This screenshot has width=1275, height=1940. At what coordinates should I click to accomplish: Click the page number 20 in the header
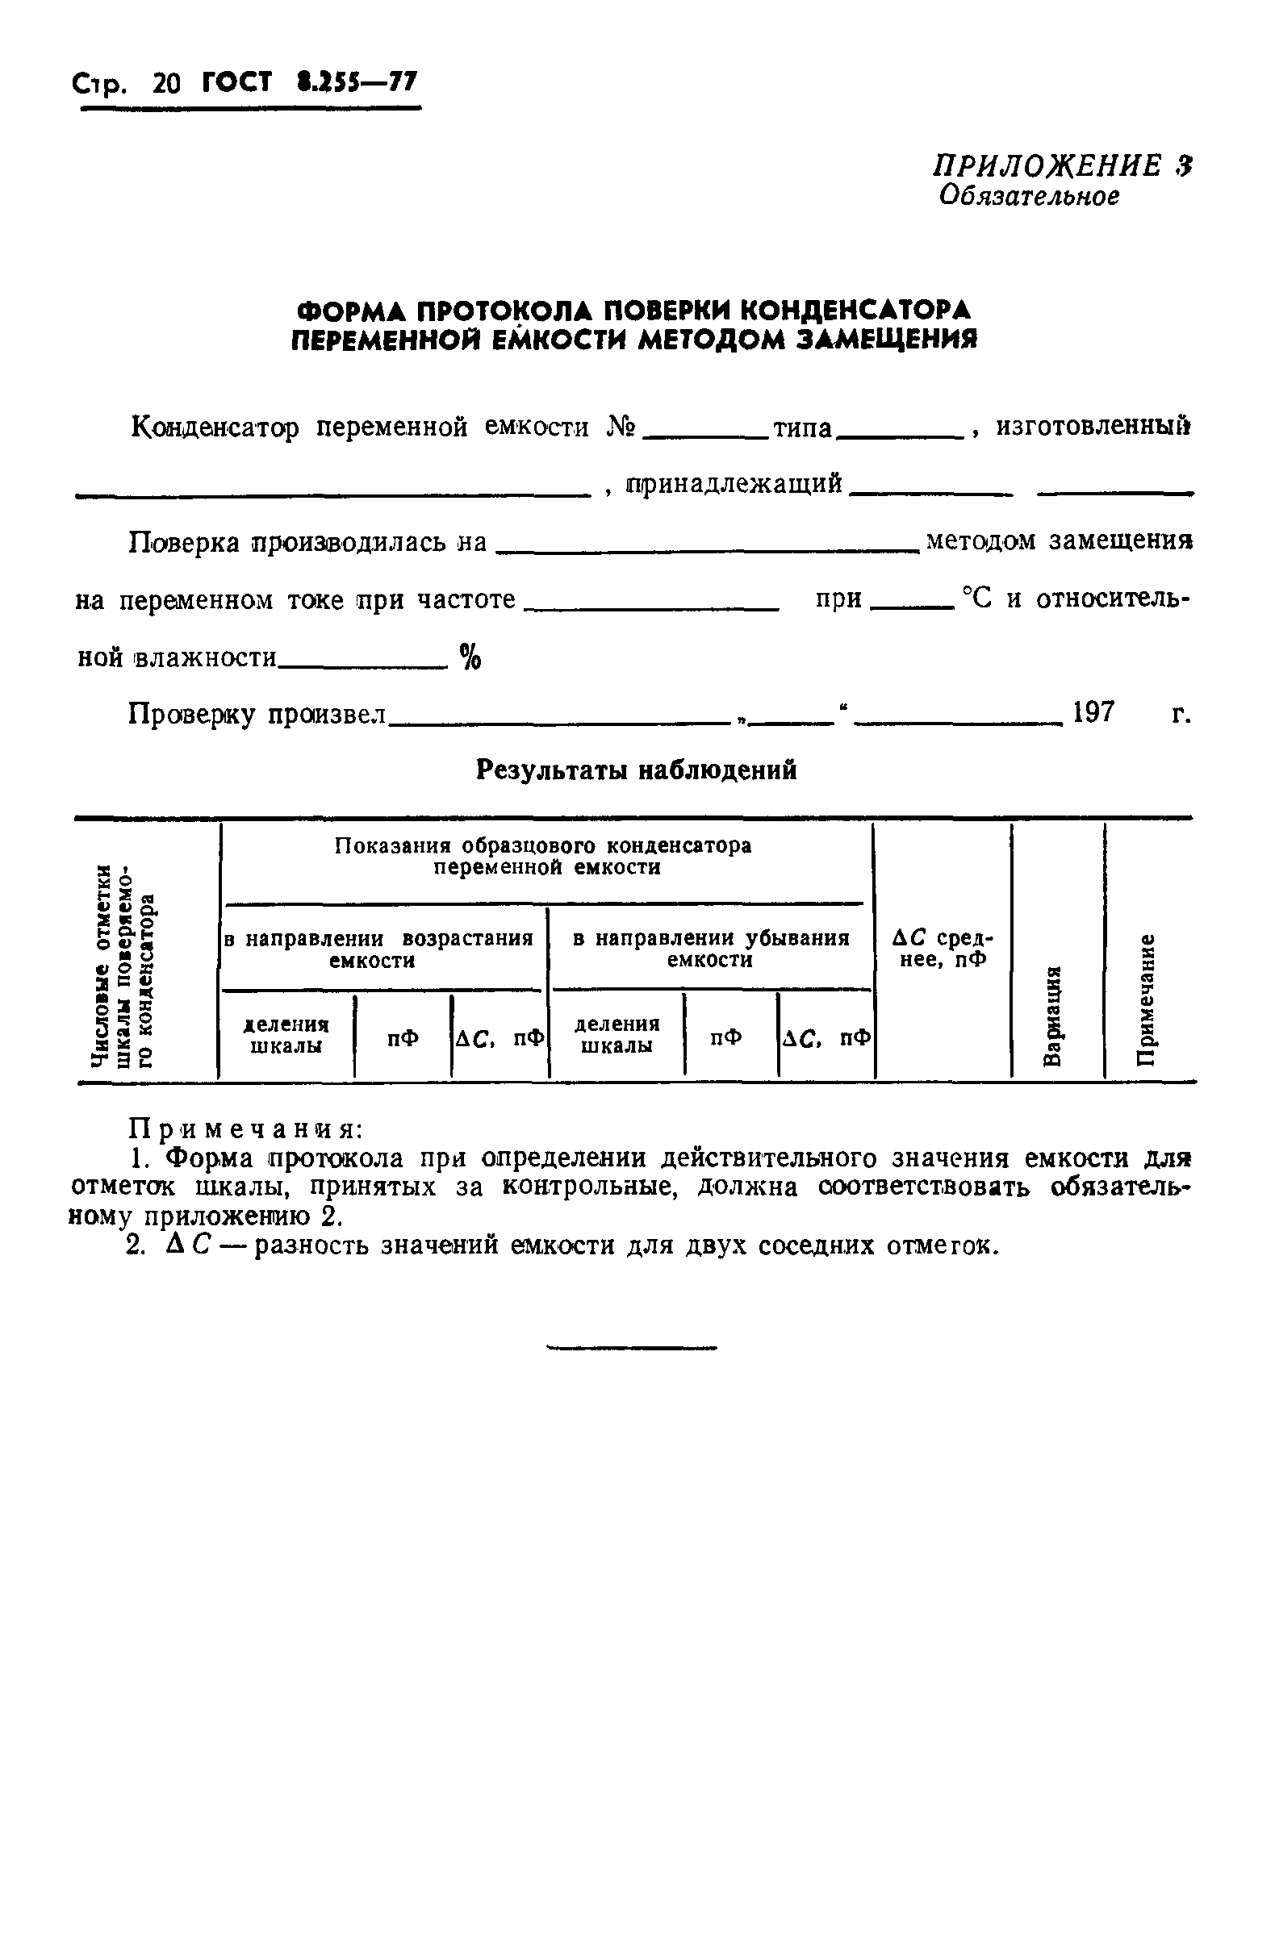(166, 84)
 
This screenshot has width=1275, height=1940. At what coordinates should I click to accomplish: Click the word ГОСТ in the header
(236, 83)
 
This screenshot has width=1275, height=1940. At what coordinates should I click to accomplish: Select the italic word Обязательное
(1030, 196)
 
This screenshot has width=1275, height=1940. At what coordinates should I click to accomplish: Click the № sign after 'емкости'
(622, 426)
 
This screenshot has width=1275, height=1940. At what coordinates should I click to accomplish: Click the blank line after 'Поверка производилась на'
(707, 551)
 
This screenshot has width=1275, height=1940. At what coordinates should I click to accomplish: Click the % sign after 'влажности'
(470, 656)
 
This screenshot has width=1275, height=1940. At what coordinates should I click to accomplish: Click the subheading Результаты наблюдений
(636, 770)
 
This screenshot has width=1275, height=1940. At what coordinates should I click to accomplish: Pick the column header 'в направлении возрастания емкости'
(379, 949)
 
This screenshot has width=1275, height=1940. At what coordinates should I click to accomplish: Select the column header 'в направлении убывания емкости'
(711, 949)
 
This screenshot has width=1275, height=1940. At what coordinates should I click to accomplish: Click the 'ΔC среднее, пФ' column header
(943, 949)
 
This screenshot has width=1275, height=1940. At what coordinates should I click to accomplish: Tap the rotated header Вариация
(1053, 1014)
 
